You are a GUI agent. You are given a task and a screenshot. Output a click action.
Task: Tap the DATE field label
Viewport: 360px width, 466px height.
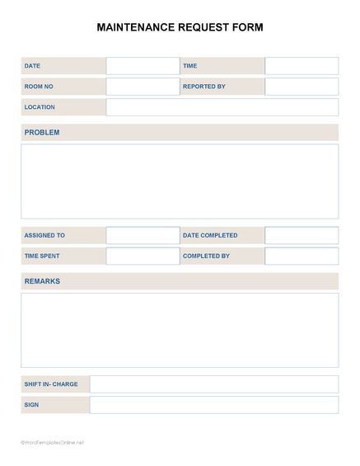[x=33, y=66]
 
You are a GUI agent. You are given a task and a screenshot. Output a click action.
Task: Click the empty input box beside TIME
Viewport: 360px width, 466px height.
[x=302, y=66]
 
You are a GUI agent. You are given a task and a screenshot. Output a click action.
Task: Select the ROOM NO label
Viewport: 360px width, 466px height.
[x=39, y=87]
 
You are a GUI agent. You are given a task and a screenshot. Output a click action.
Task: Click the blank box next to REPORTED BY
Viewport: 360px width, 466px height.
[x=302, y=87]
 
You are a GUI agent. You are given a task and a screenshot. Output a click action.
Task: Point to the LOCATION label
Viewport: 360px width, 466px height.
[x=40, y=107]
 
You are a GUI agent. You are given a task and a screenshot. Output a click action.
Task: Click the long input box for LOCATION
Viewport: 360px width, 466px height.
[x=222, y=107]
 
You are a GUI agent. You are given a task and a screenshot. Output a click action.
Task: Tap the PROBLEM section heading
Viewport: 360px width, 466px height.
[x=42, y=132]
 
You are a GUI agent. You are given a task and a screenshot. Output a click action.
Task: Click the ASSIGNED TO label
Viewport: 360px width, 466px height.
[x=44, y=235]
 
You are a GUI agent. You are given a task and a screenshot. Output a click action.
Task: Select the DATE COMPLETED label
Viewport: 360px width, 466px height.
[x=210, y=235]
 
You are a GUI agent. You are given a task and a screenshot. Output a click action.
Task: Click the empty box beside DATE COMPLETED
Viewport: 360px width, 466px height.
[x=302, y=235]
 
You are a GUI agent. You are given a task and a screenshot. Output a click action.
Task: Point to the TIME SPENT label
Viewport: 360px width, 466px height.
[x=42, y=256]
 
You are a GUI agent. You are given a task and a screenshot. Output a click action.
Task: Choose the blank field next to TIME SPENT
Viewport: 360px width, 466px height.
[x=143, y=256]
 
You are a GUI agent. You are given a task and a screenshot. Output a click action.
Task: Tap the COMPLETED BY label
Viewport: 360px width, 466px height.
[x=206, y=256]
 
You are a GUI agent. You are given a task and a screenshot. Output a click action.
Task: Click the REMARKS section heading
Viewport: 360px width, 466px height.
[x=42, y=281]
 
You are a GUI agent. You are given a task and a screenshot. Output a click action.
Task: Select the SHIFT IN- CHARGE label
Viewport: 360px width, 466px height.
[x=51, y=384]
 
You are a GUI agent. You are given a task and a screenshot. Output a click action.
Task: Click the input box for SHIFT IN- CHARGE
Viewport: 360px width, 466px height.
[x=213, y=384]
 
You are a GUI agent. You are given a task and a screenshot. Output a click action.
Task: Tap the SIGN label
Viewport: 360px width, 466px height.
[x=31, y=405]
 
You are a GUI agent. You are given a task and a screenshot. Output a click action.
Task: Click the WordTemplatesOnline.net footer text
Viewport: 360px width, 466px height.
[x=53, y=443]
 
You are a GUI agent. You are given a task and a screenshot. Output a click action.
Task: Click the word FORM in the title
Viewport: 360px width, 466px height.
[x=246, y=27]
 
